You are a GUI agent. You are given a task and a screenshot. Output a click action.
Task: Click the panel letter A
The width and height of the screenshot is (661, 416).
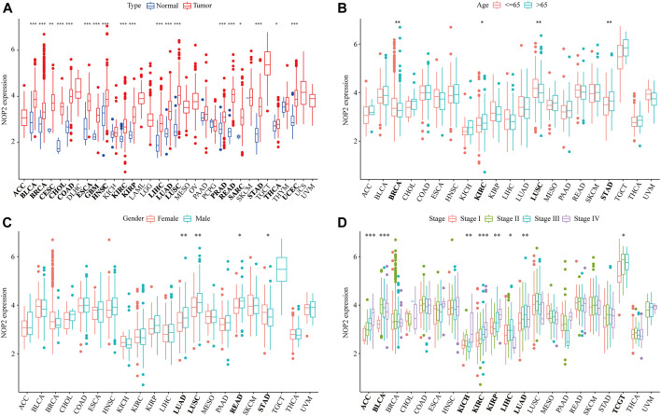(x=7, y=7)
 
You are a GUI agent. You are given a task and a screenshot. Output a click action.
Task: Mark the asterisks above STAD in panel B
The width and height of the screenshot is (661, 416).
(x=583, y=22)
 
